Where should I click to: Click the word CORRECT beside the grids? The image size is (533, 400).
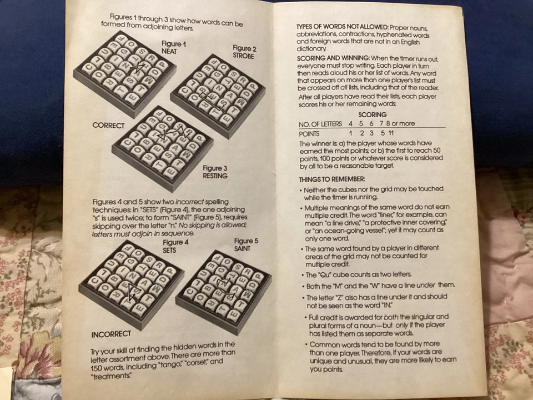tap(108, 126)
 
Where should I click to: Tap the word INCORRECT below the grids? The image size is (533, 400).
tap(111, 334)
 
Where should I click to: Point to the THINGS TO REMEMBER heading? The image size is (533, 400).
tap(331, 179)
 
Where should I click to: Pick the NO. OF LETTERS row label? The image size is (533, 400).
tap(320, 124)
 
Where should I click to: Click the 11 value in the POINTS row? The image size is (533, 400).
tap(392, 133)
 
